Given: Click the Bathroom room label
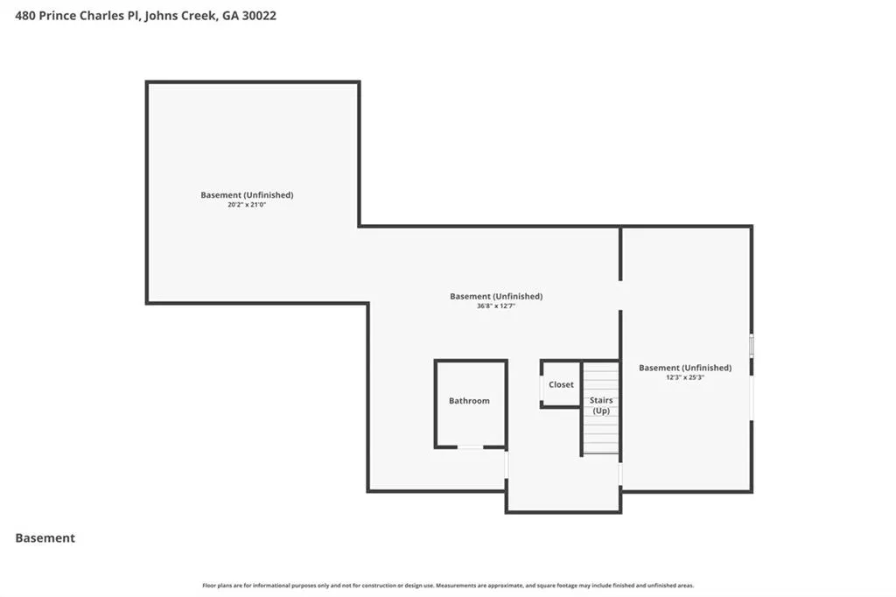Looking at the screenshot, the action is coord(469,401).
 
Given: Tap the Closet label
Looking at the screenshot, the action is coord(561,385).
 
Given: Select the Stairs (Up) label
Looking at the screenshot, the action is coord(601,405).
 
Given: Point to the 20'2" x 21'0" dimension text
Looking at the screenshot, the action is coord(247,205).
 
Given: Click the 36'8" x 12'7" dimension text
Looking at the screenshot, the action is coord(496,306).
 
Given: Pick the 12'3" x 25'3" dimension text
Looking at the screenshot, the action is coord(685,377).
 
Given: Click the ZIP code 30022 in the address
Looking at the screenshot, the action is coord(259,16).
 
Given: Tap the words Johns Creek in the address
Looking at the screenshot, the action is coord(180,16).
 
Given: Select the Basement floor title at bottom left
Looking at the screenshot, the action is coord(45,538).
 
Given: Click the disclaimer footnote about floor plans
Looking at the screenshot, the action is coord(448,586).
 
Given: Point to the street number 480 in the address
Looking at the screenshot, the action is coord(25,16).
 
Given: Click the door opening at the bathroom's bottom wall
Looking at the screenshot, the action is coord(470,447).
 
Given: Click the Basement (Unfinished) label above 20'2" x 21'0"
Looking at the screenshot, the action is coord(247,195).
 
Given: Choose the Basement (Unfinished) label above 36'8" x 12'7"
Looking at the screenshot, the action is coord(496,296).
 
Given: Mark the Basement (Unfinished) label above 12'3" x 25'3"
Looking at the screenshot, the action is coord(685,368).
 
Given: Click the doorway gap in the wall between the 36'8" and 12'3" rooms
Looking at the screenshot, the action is coord(620,296).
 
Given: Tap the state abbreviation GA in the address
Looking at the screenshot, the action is coord(230,16).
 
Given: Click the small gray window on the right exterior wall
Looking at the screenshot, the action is coord(752,346).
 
